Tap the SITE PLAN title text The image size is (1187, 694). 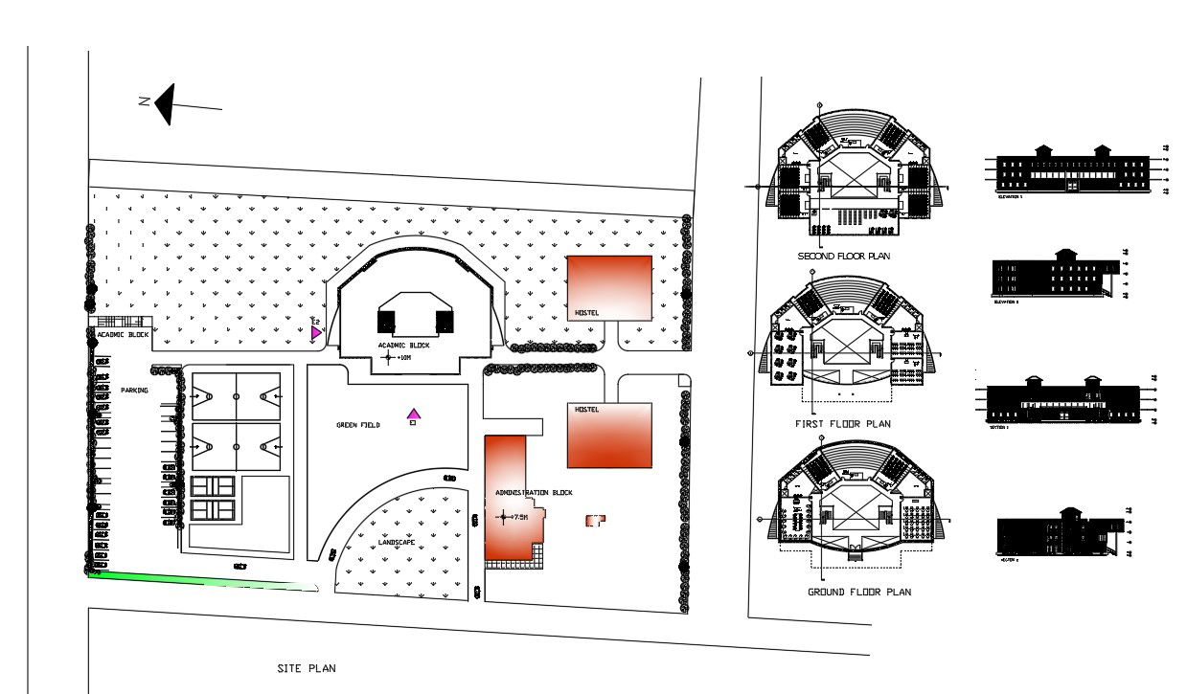click(306, 669)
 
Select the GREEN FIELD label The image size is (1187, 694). click(358, 425)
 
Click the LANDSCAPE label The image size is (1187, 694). click(396, 542)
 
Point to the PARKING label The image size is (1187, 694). click(134, 391)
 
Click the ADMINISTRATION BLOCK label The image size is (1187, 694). click(534, 493)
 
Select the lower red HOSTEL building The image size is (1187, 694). click(609, 436)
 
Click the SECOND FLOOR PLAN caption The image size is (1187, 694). click(844, 257)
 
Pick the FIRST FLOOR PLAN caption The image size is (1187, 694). click(843, 424)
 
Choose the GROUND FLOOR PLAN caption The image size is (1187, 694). click(858, 593)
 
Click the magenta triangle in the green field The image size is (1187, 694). click(414, 414)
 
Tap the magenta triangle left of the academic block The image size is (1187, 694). click(315, 332)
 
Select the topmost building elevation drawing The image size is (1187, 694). click(1073, 170)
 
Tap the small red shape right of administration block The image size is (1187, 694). click(595, 520)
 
